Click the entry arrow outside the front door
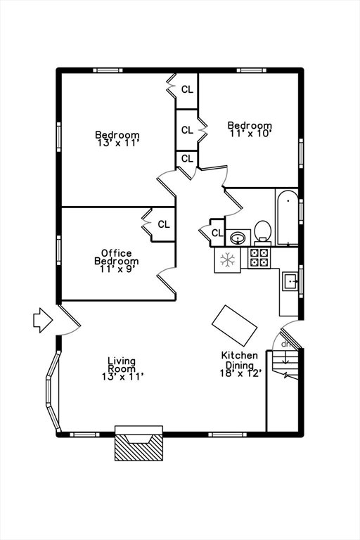[43, 321]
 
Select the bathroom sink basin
[238, 238]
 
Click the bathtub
[288, 218]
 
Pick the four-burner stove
[259, 258]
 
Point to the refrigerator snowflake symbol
[227, 259]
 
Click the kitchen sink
[290, 281]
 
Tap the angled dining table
[234, 326]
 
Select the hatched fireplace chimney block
[139, 447]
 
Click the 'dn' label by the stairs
[285, 344]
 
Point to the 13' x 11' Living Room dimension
[122, 377]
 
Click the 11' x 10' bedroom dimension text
[250, 134]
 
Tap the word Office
[117, 253]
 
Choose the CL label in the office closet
[164, 224]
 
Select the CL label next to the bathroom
[217, 233]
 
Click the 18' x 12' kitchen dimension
[240, 373]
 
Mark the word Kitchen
[240, 355]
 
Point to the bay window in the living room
[53, 391]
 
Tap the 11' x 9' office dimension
[117, 269]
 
